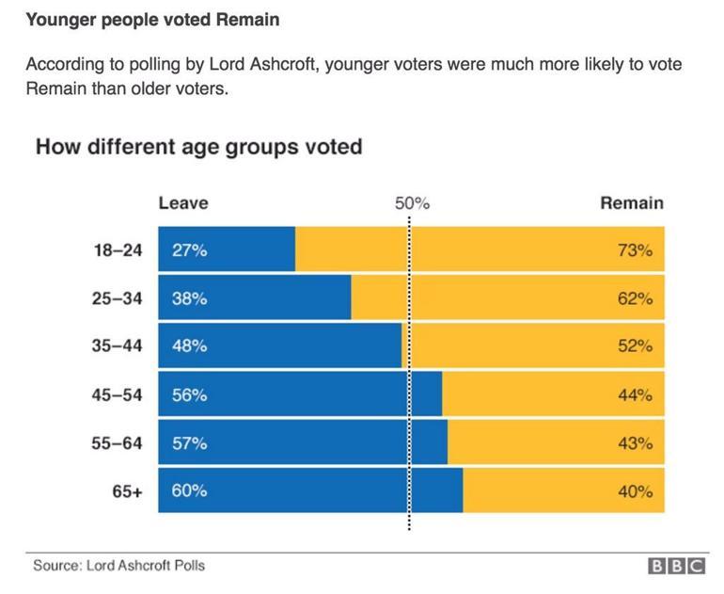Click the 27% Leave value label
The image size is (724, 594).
189,250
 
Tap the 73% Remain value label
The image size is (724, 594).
635,250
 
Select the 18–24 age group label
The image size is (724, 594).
117,250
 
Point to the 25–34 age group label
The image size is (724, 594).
117,298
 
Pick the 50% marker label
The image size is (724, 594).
411,203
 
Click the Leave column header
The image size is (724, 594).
183,202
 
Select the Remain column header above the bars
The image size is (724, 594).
631,202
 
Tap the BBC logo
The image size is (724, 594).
676,567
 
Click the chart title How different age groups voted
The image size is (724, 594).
198,148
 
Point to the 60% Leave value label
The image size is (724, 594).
189,491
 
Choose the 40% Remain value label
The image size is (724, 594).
635,491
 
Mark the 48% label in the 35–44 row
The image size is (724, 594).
189,346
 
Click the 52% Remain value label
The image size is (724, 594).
635,346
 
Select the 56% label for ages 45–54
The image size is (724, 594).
189,395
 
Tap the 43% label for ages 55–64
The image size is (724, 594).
635,443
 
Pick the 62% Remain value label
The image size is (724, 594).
635,298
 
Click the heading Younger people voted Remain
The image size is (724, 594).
152,19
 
